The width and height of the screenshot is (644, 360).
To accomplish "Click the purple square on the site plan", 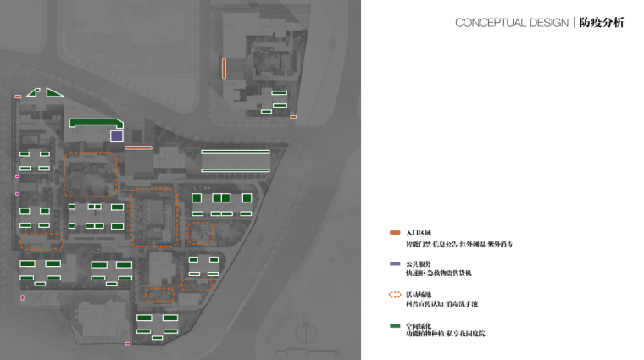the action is coord(116,136).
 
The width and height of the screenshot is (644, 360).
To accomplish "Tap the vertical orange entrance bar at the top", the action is coord(224,69).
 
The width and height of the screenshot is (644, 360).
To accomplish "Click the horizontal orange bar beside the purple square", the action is coord(138,148).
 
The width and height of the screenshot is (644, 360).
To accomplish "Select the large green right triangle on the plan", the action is coord(53,92).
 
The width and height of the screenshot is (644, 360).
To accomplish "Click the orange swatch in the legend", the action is coord(395,232).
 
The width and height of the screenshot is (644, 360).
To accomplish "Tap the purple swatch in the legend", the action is coord(395,264).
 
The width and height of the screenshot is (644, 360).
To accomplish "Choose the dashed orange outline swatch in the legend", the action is coord(395,296).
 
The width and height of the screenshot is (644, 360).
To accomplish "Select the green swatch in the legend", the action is coord(395,326).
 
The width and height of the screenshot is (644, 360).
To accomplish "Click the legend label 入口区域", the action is coord(419,232).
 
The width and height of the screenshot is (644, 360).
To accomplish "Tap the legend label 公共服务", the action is coord(419,264).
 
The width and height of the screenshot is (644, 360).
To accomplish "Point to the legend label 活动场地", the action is coord(419,296).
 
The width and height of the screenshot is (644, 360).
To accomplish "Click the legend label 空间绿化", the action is coord(419,326).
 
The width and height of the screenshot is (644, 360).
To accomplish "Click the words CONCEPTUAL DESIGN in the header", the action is coord(511,23).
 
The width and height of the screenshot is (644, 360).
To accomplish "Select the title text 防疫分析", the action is coord(602,23).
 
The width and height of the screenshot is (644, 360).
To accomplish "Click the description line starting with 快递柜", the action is coord(439,274).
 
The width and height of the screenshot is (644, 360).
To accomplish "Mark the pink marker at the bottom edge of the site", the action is coord(128,344).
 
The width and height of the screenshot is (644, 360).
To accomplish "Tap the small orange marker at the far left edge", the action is coord(18,97).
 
